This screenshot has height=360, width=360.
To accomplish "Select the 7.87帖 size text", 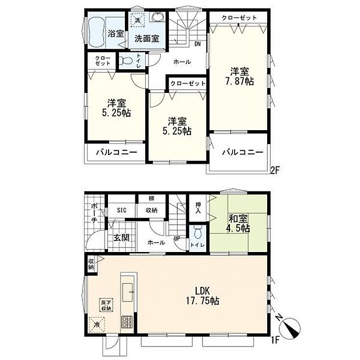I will (x=240, y=82).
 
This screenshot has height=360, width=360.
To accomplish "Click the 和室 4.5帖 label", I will (x=238, y=223).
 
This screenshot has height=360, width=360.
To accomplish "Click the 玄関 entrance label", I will (x=121, y=237).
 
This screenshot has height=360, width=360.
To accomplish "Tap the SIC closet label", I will (x=122, y=210).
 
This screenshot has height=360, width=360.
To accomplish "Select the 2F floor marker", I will (x=275, y=170).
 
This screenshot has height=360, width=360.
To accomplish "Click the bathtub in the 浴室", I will (x=96, y=32).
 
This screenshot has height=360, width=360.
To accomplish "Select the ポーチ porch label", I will (x=94, y=217).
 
